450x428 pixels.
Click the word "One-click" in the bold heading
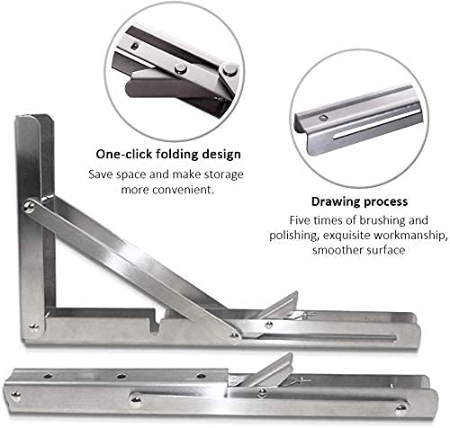tap(124, 153)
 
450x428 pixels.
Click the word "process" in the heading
tap(385, 201)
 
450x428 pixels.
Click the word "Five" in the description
tap(301, 219)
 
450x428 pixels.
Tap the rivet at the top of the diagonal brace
tap(31, 207)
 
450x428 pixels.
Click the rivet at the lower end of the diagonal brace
tap(236, 334)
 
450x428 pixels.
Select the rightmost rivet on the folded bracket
tap(399, 407)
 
